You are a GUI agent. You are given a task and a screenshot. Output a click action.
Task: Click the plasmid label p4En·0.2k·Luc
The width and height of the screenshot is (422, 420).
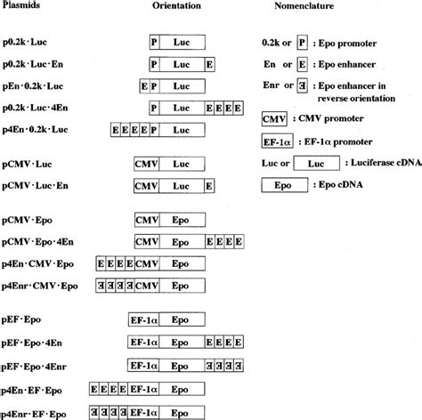tap(36, 131)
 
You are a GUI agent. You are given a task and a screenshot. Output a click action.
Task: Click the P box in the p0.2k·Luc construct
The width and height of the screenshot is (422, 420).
tap(154, 43)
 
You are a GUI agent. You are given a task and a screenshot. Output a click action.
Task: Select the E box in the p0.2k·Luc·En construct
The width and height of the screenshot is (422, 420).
tap(209, 64)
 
